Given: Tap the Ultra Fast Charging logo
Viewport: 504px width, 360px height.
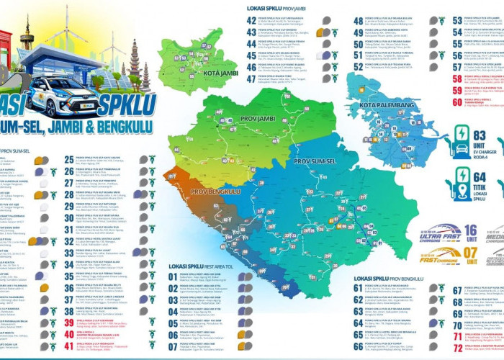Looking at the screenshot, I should (439, 234).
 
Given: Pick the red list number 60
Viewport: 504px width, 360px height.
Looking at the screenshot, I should (457, 102).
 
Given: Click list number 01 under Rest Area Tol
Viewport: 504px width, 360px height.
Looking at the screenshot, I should (173, 276).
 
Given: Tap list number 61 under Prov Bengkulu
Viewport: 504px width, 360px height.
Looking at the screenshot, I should (358, 288).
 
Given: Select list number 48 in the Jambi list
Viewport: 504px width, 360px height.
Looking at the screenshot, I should (358, 21).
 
